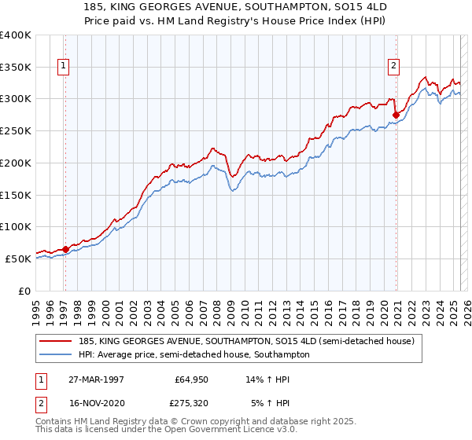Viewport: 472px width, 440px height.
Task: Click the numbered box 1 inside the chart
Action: pyautogui.click(x=63, y=67)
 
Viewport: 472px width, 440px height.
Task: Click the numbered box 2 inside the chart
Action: pyautogui.click(x=393, y=67)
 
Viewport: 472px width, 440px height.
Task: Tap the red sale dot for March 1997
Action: pyautogui.click(x=65, y=249)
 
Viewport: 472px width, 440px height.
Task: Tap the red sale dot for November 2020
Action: pyautogui.click(x=396, y=115)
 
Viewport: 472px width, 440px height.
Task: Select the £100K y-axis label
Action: pyautogui.click(x=17, y=227)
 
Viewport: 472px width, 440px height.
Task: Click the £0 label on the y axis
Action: pyautogui.click(x=24, y=291)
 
